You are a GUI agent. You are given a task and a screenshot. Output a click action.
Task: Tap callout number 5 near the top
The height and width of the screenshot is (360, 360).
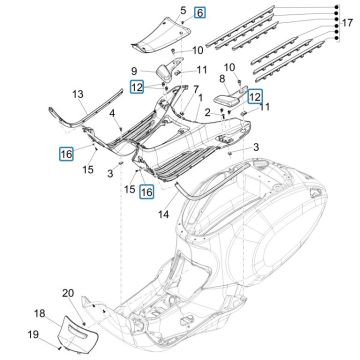[x=183, y=12]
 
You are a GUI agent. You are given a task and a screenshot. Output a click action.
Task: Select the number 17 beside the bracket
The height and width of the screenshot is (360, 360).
[x=347, y=22]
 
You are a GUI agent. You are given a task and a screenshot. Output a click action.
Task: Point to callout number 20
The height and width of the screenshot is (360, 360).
[x=97, y=292]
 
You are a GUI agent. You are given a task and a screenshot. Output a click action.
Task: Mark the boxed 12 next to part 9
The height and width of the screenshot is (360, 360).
[x=137, y=89]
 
